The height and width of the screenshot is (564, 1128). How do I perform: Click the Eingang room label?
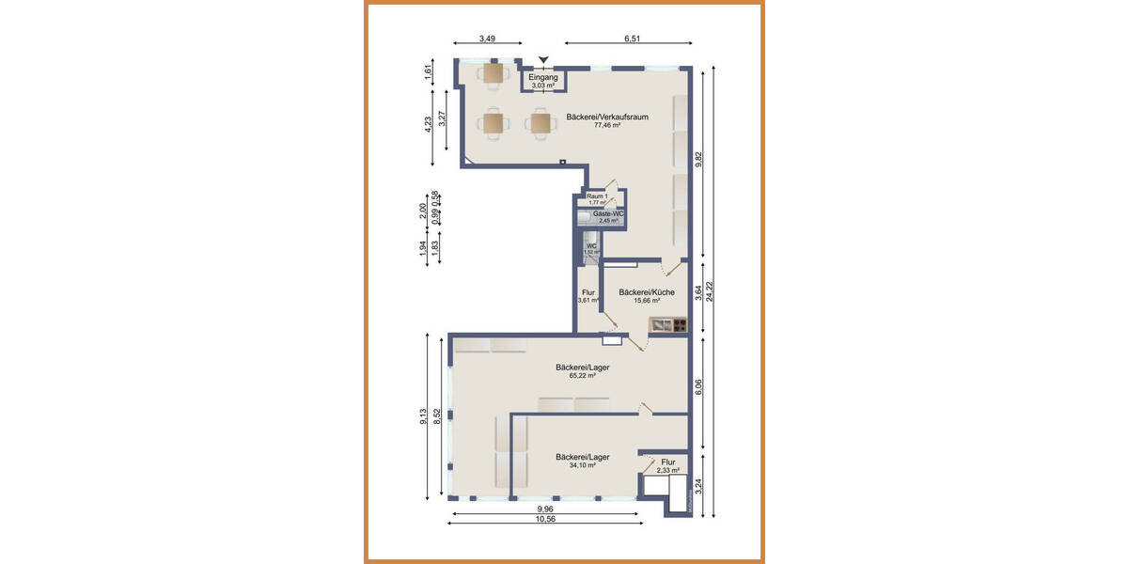coord(542,78)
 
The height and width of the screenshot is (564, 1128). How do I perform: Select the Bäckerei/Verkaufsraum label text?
coord(607,117)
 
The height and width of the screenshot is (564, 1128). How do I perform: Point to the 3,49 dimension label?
coord(487,39)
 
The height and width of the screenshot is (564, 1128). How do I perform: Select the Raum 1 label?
coord(597,196)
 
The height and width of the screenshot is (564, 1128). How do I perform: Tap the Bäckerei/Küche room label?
coord(646,292)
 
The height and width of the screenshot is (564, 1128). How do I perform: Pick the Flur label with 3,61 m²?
coord(588,292)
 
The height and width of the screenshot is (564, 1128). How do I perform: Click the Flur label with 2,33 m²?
coord(667,462)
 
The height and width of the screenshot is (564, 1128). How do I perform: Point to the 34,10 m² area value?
coord(582,465)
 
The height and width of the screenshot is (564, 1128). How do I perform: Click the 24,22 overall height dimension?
coord(722,291)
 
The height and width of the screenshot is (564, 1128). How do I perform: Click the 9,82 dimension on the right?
coord(697,161)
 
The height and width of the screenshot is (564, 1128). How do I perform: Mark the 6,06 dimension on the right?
coord(697,385)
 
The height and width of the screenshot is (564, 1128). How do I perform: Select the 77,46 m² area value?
coord(607,126)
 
